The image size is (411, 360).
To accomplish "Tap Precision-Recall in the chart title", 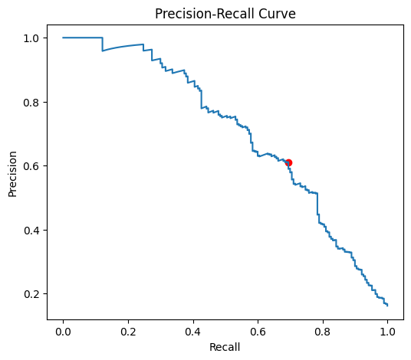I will pos(202,13).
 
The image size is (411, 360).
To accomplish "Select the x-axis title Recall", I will pos(225,347).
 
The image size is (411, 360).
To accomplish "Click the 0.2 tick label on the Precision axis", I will pos(31,294).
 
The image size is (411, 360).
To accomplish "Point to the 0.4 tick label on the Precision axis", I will pos(31,230).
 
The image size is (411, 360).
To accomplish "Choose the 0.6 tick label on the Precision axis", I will pos(31,166).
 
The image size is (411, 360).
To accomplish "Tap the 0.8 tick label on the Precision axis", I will pos(31,102).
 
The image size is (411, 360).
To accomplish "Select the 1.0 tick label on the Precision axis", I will pos(31,38).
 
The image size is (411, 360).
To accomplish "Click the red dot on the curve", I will pos(288,162).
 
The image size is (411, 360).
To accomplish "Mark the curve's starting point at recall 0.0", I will pos(63,38).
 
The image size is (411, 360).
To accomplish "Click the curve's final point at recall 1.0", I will pos(387,306).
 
